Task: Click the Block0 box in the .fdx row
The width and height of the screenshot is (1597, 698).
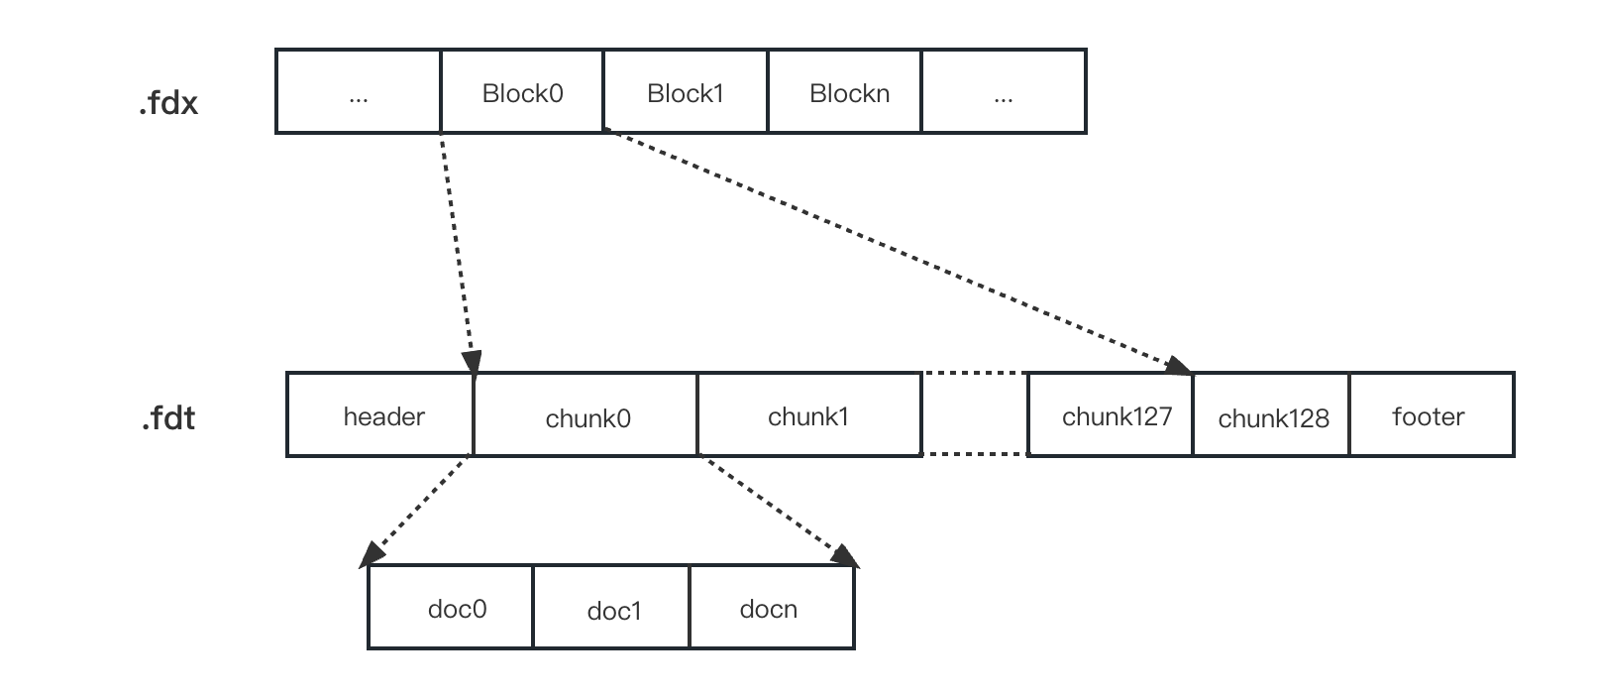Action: click(x=522, y=92)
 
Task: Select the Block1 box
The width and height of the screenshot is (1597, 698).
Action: click(x=686, y=92)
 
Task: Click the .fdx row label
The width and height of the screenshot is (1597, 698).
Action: click(x=168, y=103)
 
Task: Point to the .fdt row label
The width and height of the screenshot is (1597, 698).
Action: click(x=168, y=418)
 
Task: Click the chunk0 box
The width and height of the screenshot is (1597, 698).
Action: click(x=586, y=416)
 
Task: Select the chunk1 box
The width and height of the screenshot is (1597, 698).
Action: click(x=808, y=415)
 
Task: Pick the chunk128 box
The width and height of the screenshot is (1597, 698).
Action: click(x=1272, y=416)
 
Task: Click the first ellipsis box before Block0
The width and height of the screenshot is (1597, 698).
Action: click(x=359, y=92)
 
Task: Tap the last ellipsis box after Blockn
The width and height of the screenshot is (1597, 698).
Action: click(x=1004, y=92)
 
